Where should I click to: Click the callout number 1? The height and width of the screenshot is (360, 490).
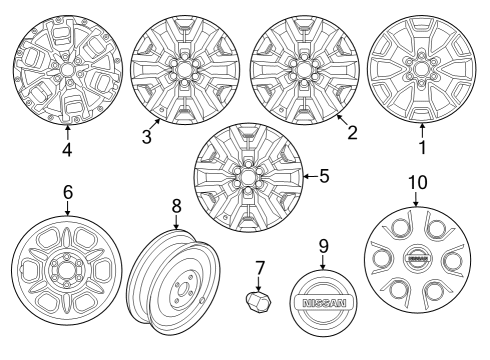pos(422,148)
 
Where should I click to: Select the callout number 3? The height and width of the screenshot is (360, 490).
pos(146,137)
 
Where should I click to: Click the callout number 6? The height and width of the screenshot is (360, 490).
pos(67,190)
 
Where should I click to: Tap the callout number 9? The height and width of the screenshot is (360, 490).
pos(323,244)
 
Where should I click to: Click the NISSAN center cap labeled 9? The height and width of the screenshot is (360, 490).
pos(323,303)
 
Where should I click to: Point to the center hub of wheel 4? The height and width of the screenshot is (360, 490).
pos(67,71)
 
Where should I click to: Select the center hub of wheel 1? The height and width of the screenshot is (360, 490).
pos(421,71)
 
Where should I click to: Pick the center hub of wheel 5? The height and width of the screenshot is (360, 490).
pos(244,179)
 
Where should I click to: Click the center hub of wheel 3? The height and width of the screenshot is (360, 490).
pos(183,71)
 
